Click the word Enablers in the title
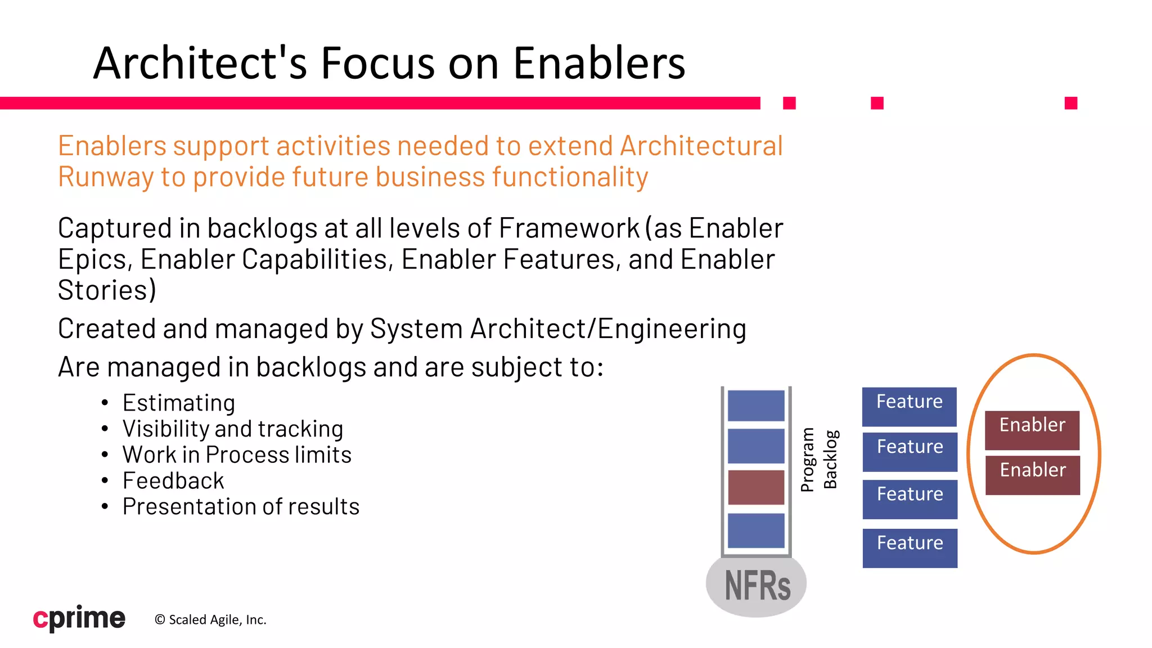pyautogui.click(x=598, y=63)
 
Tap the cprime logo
pyautogui.click(x=79, y=618)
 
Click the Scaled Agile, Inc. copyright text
pyautogui.click(x=210, y=620)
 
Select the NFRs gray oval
pyautogui.click(x=756, y=586)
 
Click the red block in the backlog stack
pyautogui.click(x=756, y=487)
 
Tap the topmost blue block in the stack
pyautogui.click(x=756, y=405)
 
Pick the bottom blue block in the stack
pyautogui.click(x=756, y=530)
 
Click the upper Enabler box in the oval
pyautogui.click(x=1032, y=430)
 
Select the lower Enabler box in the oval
pyautogui.click(x=1033, y=475)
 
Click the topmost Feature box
pyautogui.click(x=910, y=406)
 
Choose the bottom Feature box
pyautogui.click(x=910, y=547)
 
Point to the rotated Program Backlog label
pyautogui.click(x=819, y=460)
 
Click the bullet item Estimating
pyautogui.click(x=179, y=403)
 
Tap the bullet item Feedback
pyautogui.click(x=173, y=480)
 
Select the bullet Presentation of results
pyautogui.click(x=241, y=506)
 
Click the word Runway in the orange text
pyautogui.click(x=105, y=177)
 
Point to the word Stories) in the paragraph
pyautogui.click(x=107, y=290)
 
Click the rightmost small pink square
pyautogui.click(x=1071, y=103)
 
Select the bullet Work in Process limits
pyautogui.click(x=237, y=454)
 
